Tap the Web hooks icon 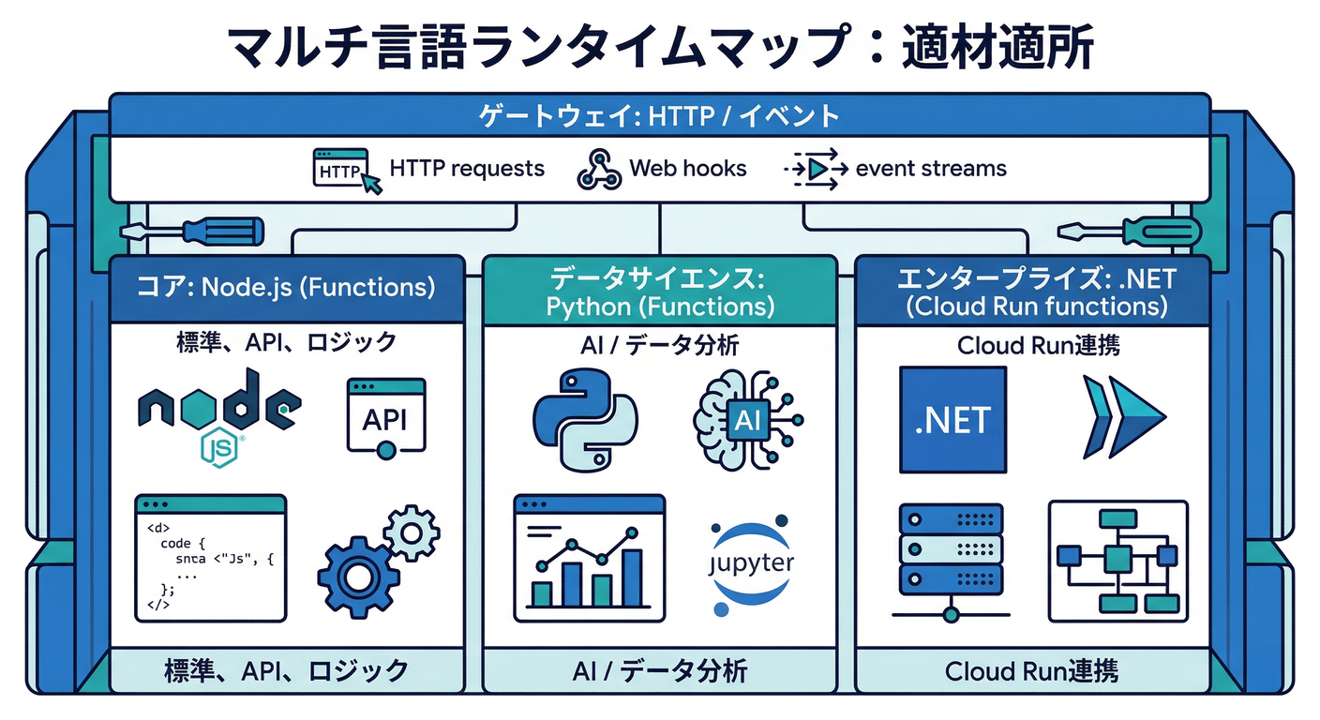(x=599, y=170)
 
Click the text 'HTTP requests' (x=466, y=169)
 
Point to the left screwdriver (x=192, y=231)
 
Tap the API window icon (x=385, y=418)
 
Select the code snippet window (x=211, y=558)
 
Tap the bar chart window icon (x=589, y=559)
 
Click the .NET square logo (x=952, y=419)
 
